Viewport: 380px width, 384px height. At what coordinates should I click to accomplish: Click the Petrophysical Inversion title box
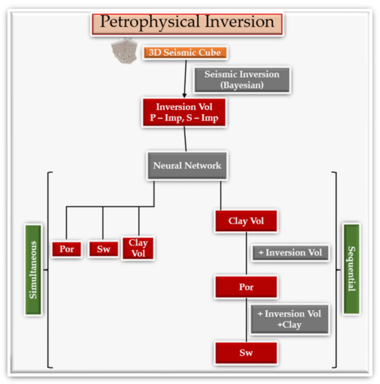(x=187, y=21)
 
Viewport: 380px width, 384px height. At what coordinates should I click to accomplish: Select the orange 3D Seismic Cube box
(x=185, y=53)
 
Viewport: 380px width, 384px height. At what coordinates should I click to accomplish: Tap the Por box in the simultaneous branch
(x=67, y=249)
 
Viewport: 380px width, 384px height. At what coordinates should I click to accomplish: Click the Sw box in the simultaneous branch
(x=103, y=249)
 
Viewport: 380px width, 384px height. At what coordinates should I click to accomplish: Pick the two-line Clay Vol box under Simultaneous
(x=138, y=248)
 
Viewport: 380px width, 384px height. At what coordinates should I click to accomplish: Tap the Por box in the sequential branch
(x=247, y=286)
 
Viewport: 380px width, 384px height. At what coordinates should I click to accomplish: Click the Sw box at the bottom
(x=247, y=352)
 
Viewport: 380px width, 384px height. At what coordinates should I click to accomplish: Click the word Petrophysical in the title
(x=144, y=21)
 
